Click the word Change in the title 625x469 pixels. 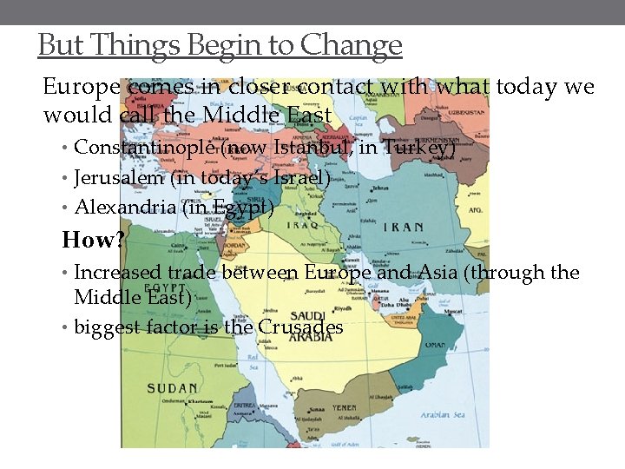point(359,44)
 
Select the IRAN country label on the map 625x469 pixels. point(401,228)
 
